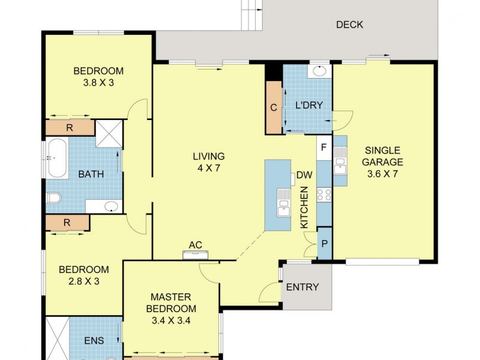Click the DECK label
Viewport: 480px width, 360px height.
click(x=349, y=25)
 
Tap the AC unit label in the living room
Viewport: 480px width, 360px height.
click(x=195, y=245)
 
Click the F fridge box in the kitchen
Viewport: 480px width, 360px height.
click(x=324, y=147)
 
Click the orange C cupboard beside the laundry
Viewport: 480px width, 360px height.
click(x=274, y=108)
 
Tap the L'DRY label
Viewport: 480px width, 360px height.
click(x=309, y=106)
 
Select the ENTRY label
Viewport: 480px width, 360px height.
click(x=302, y=287)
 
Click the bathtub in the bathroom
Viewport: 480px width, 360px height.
click(x=58, y=158)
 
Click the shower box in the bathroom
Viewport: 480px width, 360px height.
click(x=109, y=134)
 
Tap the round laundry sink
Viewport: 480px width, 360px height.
click(x=319, y=71)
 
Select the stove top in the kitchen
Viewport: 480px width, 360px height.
click(x=324, y=194)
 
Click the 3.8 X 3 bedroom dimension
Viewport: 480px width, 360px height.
click(x=98, y=83)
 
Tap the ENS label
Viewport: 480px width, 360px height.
click(x=94, y=341)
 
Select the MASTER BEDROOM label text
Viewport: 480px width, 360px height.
click(x=170, y=302)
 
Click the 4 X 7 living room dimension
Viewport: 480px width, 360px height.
click(x=208, y=168)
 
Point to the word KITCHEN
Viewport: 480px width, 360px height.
click(x=304, y=207)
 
